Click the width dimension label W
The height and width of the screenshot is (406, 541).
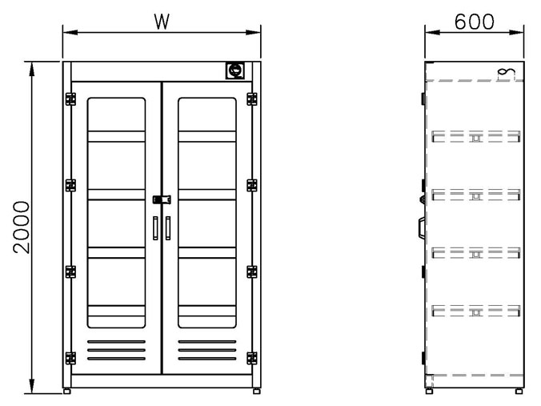click(162, 22)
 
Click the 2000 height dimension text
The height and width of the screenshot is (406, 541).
click(22, 227)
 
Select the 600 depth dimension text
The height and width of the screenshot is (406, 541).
click(474, 22)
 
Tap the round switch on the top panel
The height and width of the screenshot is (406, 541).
click(235, 70)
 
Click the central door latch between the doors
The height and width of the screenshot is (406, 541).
click(162, 199)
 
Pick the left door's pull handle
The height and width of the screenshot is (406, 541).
click(155, 228)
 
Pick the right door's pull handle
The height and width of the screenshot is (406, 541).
click(168, 228)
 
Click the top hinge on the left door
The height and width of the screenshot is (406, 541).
click(70, 99)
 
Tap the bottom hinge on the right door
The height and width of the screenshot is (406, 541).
click(252, 358)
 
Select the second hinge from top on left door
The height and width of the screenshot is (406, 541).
click(70, 186)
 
